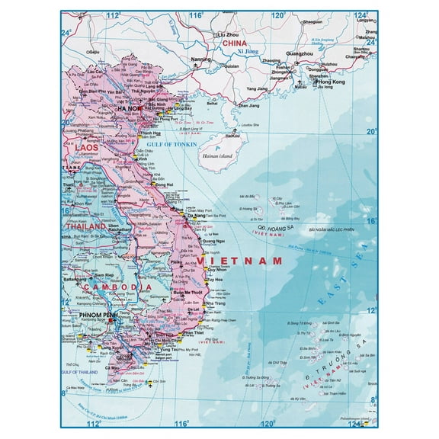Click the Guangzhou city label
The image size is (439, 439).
point(300,55)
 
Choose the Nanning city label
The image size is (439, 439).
point(201,58)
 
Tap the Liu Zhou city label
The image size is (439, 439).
point(229,35)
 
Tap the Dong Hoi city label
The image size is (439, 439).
point(165,184)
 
